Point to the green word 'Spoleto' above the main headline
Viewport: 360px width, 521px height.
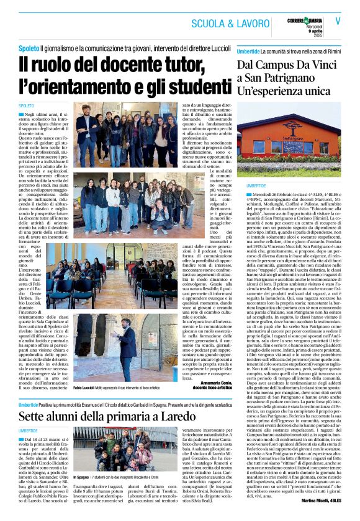29,48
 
